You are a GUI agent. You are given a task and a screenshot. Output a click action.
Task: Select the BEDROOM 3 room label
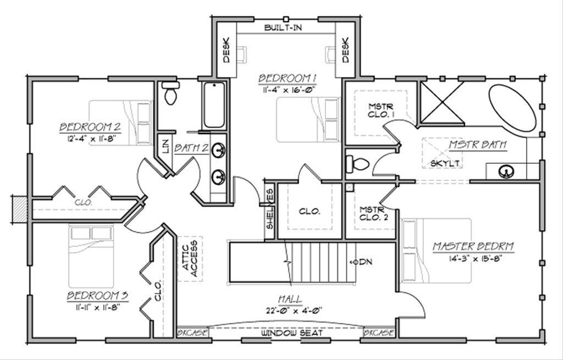(x=98, y=296)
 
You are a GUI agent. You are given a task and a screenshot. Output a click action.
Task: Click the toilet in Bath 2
(x=171, y=94)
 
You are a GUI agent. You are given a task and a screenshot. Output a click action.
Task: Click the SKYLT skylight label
(x=445, y=164)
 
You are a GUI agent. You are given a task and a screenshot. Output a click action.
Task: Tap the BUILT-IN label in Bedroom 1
(x=283, y=27)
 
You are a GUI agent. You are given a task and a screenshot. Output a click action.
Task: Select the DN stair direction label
(x=363, y=262)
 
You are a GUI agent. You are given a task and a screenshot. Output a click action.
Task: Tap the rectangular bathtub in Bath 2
(x=213, y=104)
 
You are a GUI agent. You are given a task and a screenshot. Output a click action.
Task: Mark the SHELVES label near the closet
(x=270, y=209)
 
